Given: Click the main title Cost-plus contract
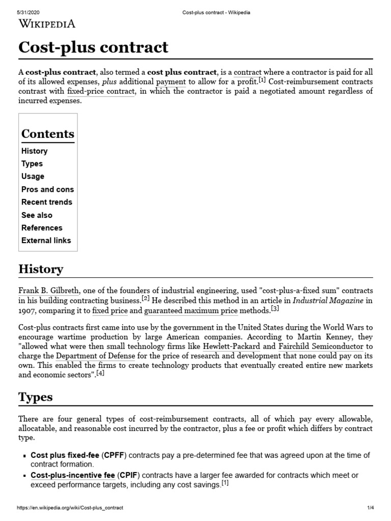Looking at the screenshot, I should tap(93, 47).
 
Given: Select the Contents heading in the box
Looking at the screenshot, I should tap(48, 134).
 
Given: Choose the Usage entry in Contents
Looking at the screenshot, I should tap(33, 177).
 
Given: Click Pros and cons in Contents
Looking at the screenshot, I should tap(47, 189).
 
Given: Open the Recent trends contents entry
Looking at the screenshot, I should tap(47, 202).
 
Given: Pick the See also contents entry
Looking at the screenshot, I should tap(37, 215).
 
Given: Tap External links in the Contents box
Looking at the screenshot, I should tap(46, 241).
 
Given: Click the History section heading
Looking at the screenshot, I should tap(41, 269).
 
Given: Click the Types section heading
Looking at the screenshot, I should tap(36, 397).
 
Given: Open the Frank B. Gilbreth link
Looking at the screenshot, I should tap(49, 291).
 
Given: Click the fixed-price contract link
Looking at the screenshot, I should tap(101, 92).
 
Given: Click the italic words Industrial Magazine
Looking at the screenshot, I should tap(328, 301).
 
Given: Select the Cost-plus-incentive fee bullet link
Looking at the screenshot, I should tap(73, 475).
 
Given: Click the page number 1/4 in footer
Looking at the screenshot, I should tap(370, 508).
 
